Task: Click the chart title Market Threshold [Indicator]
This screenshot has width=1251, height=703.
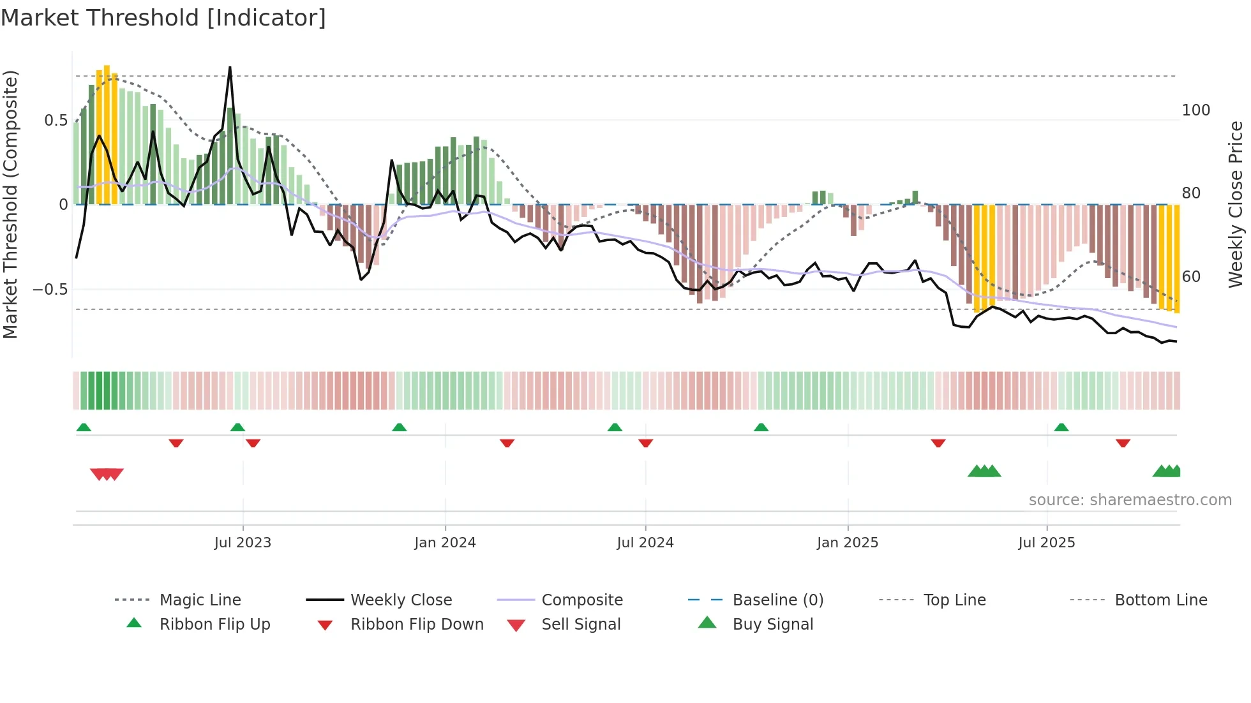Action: (163, 18)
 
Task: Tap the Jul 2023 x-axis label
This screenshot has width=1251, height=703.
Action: (243, 543)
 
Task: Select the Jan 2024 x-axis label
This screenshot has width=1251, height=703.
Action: (445, 543)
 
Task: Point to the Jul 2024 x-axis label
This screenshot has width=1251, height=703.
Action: (645, 543)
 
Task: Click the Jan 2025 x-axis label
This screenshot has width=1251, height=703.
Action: (847, 543)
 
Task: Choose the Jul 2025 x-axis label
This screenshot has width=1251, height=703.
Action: (1046, 543)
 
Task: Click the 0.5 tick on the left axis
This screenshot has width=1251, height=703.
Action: (56, 121)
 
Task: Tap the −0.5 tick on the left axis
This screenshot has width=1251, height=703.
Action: (50, 290)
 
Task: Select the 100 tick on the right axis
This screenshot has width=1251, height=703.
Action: (1195, 110)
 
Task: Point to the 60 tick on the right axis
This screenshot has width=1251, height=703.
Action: (1191, 277)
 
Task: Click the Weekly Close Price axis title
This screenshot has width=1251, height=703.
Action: (1236, 204)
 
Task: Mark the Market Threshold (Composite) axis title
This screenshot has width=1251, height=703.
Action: (10, 204)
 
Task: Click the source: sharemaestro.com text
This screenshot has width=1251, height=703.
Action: (1130, 500)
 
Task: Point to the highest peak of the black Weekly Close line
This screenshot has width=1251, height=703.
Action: (230, 67)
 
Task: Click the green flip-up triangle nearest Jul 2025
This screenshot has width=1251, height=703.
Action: (1061, 427)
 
